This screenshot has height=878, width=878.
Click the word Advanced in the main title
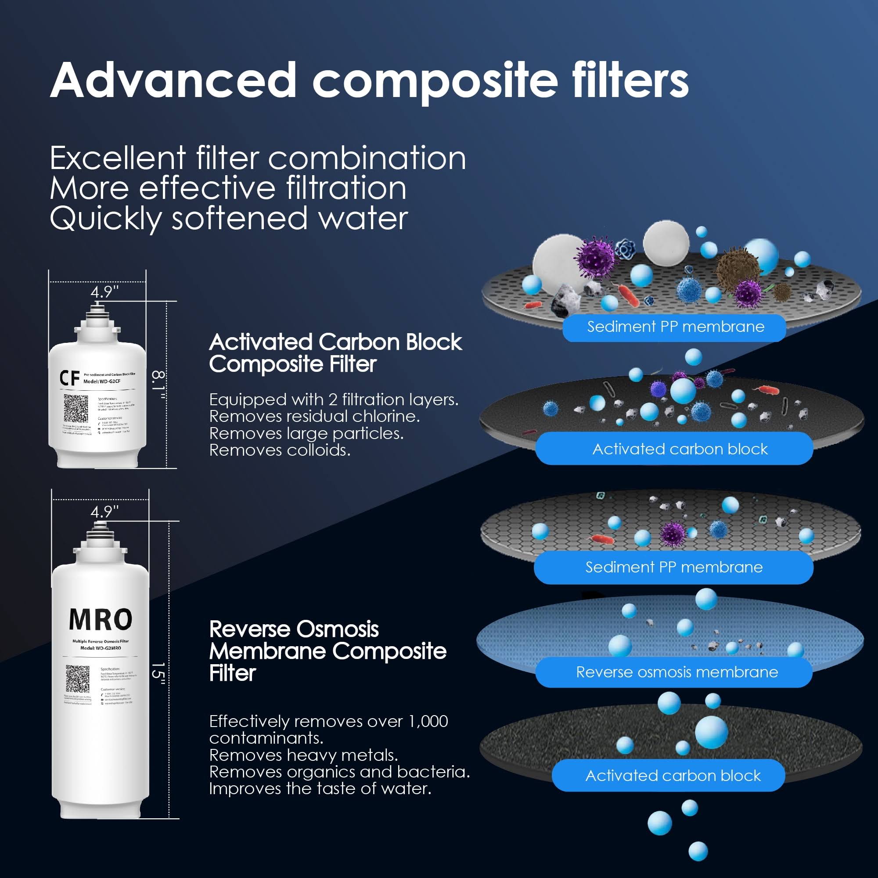[x=173, y=80]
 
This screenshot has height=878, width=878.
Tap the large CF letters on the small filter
[x=69, y=378]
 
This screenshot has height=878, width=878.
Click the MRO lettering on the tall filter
[x=101, y=619]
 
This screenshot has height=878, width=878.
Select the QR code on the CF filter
[x=76, y=408]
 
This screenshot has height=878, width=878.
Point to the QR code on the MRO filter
[x=78, y=679]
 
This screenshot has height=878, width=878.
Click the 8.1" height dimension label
[x=158, y=385]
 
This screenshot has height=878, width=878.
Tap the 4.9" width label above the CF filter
[x=104, y=292]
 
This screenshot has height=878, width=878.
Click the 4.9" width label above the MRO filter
[x=104, y=512]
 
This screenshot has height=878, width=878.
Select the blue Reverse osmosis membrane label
[x=676, y=672]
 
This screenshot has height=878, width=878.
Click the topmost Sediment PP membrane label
[x=675, y=327]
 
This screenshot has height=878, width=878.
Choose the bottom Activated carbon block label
[x=673, y=775]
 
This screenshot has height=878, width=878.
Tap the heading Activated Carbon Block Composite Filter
[x=335, y=353]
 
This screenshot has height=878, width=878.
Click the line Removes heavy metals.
[x=303, y=755]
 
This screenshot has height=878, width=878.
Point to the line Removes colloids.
[x=280, y=450]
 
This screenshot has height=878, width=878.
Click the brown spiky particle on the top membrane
[x=737, y=269]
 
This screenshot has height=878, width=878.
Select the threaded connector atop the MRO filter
[x=100, y=528]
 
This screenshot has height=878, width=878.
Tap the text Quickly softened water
[x=229, y=219]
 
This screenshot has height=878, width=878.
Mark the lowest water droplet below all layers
[x=698, y=851]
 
